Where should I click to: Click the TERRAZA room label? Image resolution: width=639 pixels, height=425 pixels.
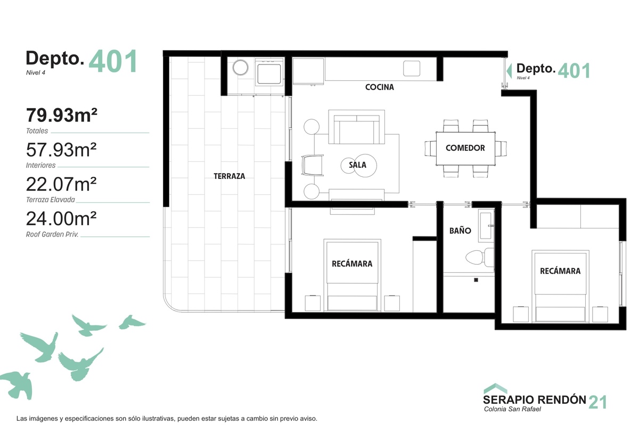coord(230,176)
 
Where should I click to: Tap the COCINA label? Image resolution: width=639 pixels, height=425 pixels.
coord(379,87)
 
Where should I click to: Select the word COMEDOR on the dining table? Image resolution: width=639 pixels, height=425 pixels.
coord(465,148)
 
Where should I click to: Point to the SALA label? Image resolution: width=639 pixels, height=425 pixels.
coord(357,165)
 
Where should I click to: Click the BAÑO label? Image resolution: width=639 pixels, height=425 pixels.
coord(460,230)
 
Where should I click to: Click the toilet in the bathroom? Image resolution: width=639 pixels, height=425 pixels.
coord(479,257)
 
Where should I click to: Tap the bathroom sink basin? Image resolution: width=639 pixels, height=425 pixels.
coord(486,225)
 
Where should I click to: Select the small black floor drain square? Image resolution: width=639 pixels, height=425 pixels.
coord(476,280)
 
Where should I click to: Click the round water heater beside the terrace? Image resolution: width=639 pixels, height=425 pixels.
coord(240,68)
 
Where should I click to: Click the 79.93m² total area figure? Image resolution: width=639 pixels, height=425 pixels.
coord(62,115)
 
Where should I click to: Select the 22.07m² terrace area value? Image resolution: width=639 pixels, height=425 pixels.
coord(61,184)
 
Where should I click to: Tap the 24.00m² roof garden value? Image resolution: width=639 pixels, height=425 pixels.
coord(61,218)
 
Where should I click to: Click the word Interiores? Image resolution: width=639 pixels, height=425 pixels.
coord(40,165)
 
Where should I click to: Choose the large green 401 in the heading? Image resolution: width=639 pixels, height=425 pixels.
coord(113,61)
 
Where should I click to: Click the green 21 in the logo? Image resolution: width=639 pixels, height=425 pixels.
coord(598,402)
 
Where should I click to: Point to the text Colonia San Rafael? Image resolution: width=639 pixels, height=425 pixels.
coord(512,409)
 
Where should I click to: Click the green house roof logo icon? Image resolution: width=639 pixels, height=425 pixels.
coord(496,388)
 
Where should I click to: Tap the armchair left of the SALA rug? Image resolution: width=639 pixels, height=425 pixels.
coord(313,165)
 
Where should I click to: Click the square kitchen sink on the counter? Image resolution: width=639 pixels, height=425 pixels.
coord(411,69)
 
